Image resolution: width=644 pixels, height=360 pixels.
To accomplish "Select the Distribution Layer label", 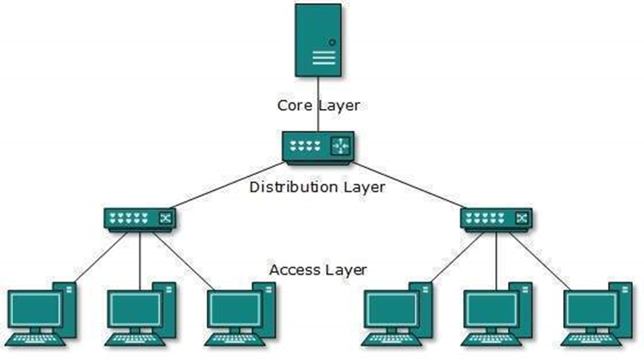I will [x=316, y=187].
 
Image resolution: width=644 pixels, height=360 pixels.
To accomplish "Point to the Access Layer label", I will [x=318, y=269].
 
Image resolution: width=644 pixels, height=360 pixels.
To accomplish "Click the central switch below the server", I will [x=318, y=146].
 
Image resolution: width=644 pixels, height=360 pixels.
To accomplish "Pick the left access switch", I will [x=140, y=219].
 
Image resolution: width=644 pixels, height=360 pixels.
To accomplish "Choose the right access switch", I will [x=496, y=219].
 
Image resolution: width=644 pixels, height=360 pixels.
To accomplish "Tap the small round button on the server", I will [x=332, y=43].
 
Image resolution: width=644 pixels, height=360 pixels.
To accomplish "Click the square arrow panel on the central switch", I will [x=340, y=146].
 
